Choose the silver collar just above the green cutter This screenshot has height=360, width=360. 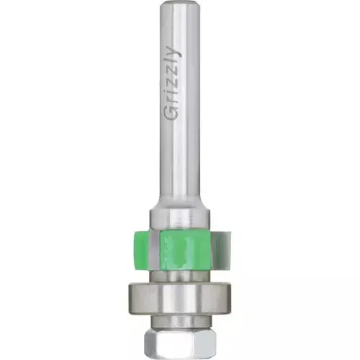[x=179, y=217]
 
